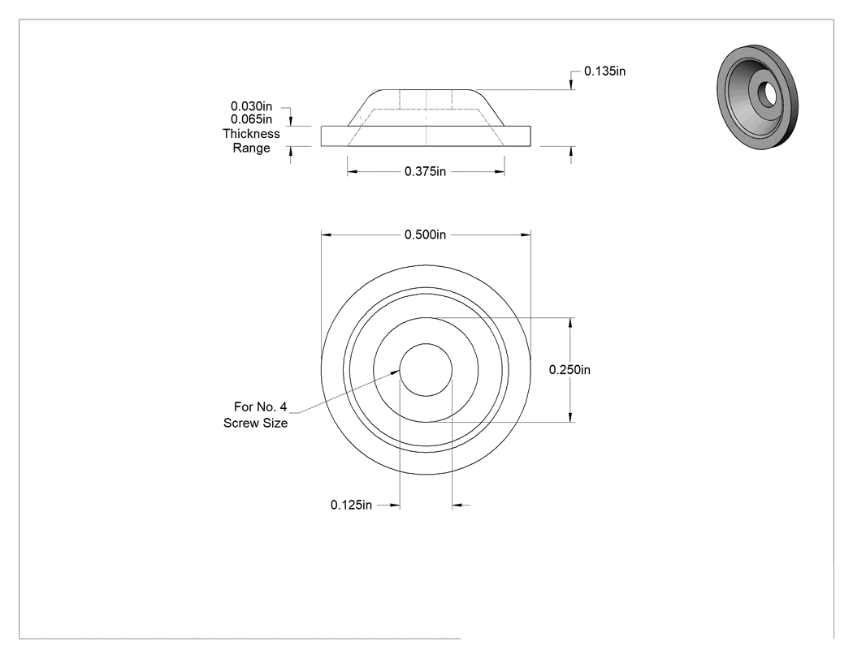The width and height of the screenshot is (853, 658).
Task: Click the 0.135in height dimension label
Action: click(x=604, y=71)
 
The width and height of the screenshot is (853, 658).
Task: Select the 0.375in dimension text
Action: click(x=425, y=172)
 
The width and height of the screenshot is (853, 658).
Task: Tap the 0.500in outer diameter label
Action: click(x=425, y=234)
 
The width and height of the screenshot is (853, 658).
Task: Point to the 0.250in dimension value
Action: click(x=569, y=370)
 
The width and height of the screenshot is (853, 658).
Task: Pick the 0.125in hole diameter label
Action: click(x=352, y=505)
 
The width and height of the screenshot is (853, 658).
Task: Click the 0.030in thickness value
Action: click(x=251, y=106)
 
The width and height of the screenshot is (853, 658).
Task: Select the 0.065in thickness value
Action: click(x=251, y=119)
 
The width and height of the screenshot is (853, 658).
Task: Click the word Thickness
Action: click(x=251, y=134)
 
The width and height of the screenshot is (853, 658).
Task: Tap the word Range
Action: click(x=251, y=148)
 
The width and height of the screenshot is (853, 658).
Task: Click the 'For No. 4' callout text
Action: click(x=260, y=407)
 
